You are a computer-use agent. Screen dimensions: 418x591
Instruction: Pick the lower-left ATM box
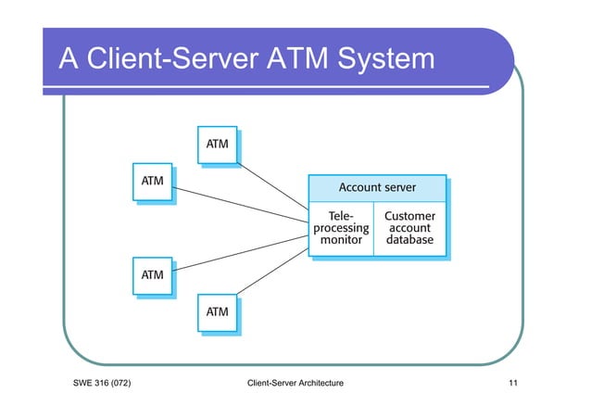[152, 275]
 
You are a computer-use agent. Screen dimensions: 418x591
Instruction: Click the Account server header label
[376, 187]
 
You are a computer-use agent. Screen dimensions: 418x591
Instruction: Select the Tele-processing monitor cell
[340, 227]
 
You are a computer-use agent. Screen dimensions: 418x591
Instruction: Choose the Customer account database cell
[409, 227]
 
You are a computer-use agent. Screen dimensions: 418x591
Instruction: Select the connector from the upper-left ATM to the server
[241, 203]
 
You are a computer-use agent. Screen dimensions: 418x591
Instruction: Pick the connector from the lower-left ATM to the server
[241, 251]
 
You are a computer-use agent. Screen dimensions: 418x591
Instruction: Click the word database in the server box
[409, 240]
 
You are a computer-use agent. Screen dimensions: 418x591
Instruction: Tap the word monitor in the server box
[340, 240]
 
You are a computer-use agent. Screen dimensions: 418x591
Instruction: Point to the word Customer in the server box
[409, 214]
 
